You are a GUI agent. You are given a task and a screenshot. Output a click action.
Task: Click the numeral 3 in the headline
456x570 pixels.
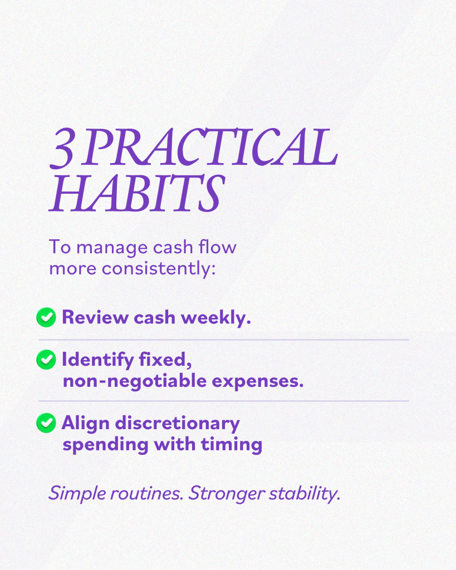pos(63,149)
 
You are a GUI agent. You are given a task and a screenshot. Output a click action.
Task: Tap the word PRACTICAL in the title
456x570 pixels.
pos(209,146)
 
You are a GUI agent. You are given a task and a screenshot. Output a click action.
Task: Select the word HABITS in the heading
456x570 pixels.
pos(137,193)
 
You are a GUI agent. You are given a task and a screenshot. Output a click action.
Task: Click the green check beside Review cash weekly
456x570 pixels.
pos(46,317)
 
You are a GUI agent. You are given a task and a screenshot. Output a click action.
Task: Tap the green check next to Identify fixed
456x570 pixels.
pos(46,360)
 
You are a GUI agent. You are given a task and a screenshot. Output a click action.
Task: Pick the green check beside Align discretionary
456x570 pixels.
pos(46,423)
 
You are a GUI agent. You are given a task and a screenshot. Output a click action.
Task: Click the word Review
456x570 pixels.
pos(95,317)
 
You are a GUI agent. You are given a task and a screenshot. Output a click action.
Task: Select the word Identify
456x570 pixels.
pos(98,360)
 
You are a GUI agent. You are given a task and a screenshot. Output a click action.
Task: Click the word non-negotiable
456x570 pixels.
pos(135,381)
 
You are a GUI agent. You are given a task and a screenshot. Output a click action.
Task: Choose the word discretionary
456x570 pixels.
pos(178,424)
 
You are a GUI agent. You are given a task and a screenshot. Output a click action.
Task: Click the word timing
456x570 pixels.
pos(232,445)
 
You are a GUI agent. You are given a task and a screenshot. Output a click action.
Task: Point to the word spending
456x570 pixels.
pos(105,445)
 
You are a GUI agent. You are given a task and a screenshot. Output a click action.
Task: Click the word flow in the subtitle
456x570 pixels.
pos(218,247)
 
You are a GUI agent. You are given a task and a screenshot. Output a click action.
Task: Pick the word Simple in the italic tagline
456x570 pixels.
pos(77,494)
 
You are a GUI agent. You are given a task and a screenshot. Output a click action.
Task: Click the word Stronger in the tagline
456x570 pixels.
pos(227,494)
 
